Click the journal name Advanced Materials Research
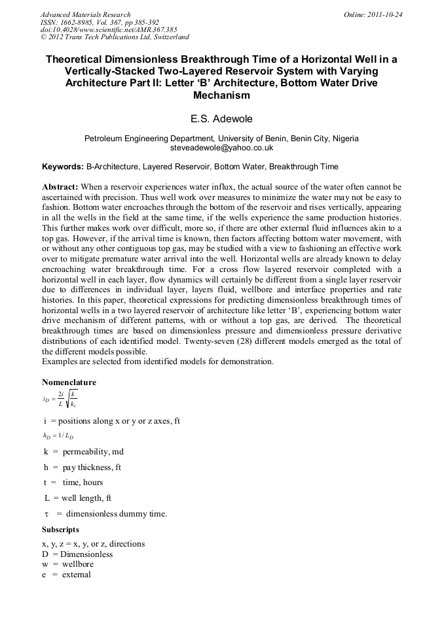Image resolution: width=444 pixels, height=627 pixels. [85, 14]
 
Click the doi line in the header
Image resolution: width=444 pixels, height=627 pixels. [109, 30]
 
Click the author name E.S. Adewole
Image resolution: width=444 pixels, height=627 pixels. [221, 120]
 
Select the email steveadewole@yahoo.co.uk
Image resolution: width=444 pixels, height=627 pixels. [221, 148]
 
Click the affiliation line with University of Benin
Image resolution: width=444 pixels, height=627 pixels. [221, 139]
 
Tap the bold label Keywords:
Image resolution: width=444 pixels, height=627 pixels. [63, 167]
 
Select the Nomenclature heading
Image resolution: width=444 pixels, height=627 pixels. [69, 382]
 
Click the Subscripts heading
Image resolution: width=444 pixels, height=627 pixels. [60, 530]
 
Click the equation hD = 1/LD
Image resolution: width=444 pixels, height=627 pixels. [58, 435]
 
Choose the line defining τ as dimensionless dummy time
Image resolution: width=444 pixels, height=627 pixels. [105, 514]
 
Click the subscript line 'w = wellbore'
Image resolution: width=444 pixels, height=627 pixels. [67, 564]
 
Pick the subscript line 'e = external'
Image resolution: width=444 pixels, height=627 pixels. [66, 575]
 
